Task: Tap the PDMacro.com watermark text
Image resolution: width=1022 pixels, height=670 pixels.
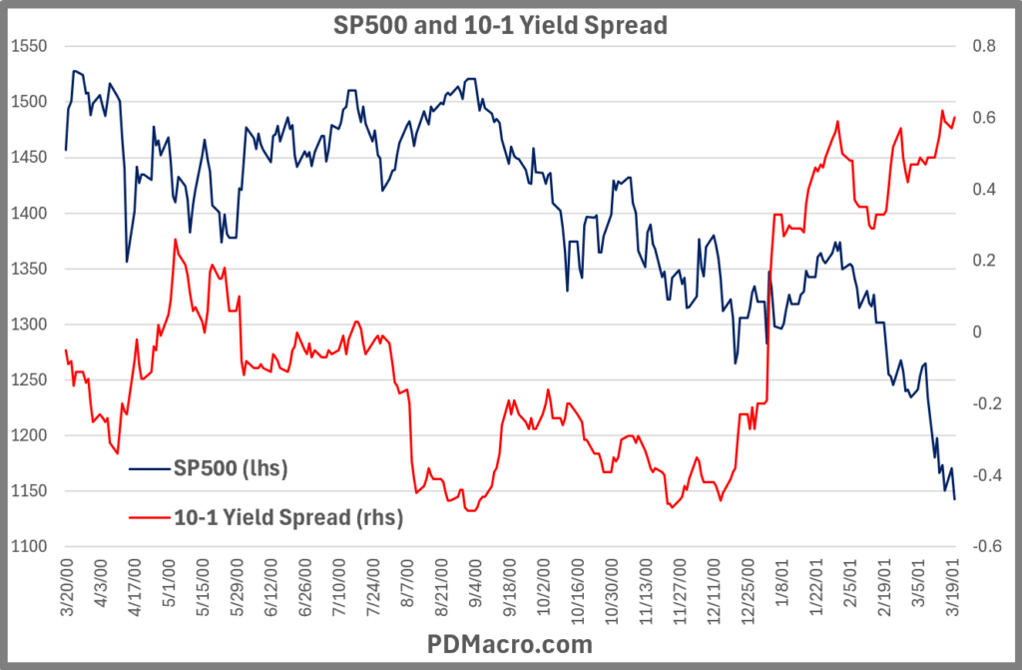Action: [x=511, y=645]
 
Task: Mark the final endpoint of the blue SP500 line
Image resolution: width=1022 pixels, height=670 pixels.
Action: [x=955, y=499]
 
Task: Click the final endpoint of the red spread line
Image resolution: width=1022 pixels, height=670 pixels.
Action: [x=955, y=118]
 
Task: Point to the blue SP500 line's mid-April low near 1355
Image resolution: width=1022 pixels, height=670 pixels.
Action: [x=127, y=262]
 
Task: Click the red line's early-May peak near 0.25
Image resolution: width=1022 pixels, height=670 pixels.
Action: [x=176, y=240]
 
